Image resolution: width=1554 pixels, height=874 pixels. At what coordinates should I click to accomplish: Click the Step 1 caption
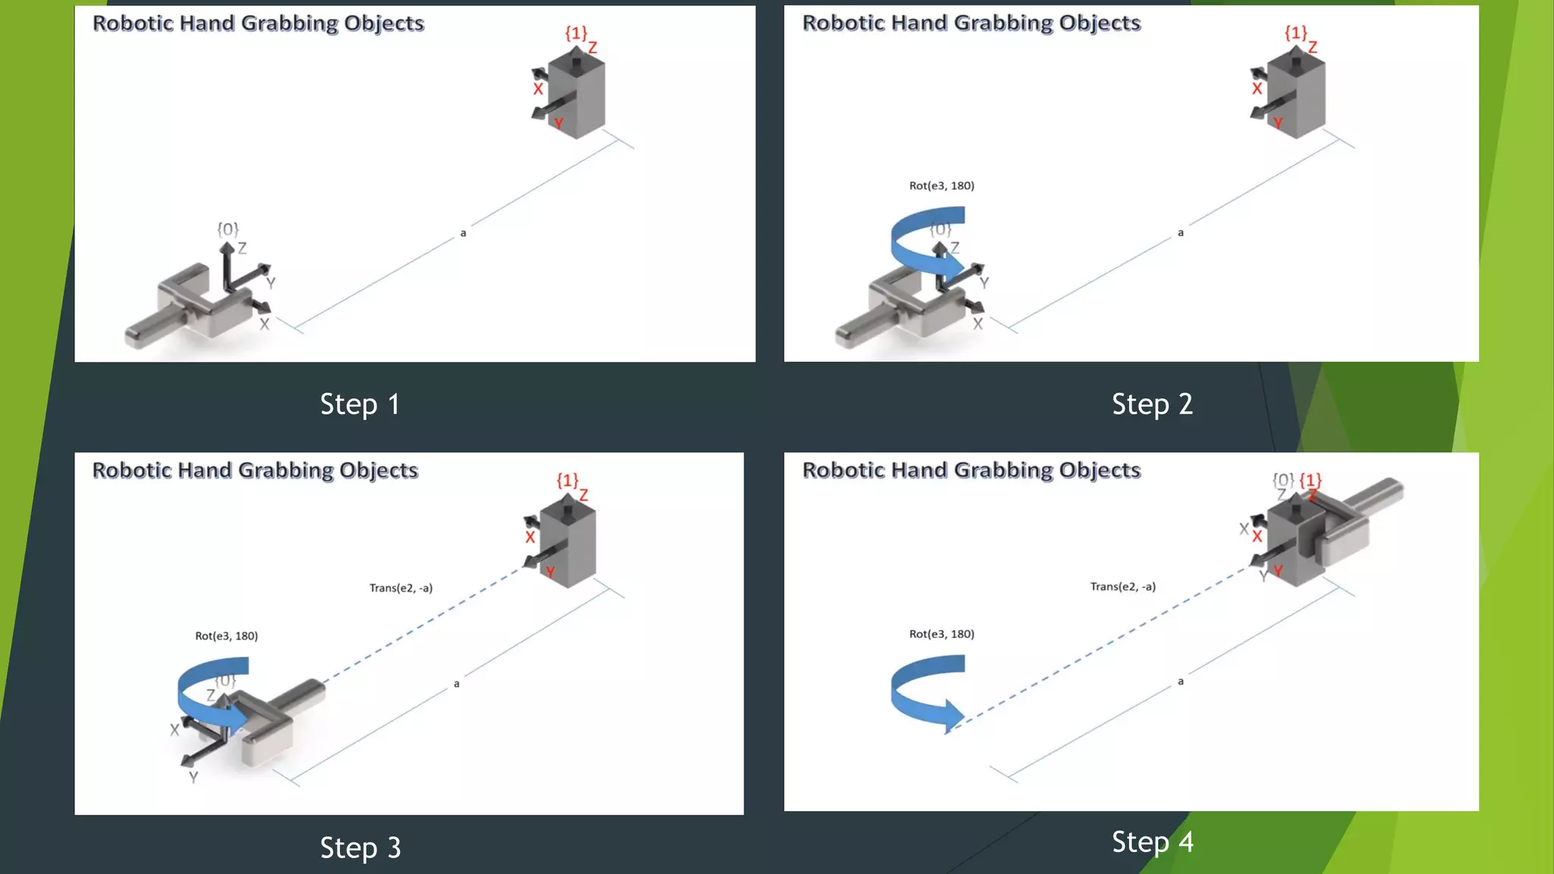pyautogui.click(x=360, y=404)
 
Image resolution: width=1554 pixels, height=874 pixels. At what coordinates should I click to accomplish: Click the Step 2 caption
pyautogui.click(x=1152, y=404)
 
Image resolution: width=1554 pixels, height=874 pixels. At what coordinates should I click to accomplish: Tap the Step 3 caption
pyautogui.click(x=360, y=847)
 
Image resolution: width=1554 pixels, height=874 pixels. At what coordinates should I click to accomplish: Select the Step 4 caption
pyautogui.click(x=1152, y=841)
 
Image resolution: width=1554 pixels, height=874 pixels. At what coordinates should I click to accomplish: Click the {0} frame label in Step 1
pyautogui.click(x=228, y=229)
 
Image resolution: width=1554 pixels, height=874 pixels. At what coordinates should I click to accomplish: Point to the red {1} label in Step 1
pyautogui.click(x=576, y=33)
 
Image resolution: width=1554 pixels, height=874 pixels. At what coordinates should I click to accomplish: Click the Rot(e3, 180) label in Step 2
pyautogui.click(x=942, y=186)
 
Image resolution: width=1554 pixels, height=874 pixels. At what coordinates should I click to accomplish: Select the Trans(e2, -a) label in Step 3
pyautogui.click(x=401, y=588)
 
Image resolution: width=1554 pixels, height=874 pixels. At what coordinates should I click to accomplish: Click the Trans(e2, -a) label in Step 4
pyautogui.click(x=1123, y=586)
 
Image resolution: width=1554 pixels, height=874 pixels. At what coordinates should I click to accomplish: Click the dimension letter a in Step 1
pyautogui.click(x=463, y=233)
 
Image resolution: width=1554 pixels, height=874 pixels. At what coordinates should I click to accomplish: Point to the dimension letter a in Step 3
pyautogui.click(x=457, y=684)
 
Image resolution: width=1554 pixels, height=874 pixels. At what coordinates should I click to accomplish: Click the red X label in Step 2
pyautogui.click(x=1257, y=89)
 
